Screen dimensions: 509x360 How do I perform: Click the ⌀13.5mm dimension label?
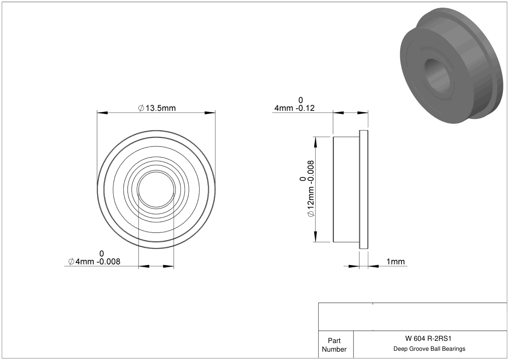[157, 108]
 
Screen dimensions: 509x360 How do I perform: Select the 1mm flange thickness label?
[396, 262]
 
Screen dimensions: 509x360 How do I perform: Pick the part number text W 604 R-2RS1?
[428, 338]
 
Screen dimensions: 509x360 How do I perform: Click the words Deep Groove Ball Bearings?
[429, 349]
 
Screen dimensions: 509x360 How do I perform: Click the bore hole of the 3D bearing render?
[437, 76]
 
